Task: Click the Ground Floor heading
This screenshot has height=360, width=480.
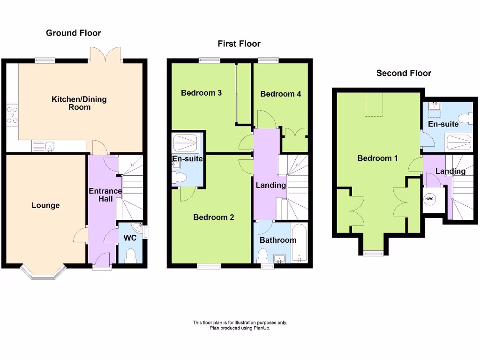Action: pos(73,33)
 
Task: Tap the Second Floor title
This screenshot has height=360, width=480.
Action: pos(404,73)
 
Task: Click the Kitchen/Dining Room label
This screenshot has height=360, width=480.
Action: pos(79,103)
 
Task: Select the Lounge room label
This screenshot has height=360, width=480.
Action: pos(45,205)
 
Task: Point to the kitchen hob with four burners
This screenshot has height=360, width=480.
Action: pos(12,115)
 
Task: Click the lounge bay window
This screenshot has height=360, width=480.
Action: pos(42,272)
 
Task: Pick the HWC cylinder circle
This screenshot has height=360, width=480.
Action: pos(429,199)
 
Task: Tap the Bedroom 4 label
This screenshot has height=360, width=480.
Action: pos(280,94)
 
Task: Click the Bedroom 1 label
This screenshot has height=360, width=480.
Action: pos(377,158)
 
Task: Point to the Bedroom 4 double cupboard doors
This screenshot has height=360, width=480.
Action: pos(295,132)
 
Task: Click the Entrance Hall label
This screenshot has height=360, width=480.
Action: pos(105,195)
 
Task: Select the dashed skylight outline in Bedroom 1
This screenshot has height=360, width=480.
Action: pos(374,105)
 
